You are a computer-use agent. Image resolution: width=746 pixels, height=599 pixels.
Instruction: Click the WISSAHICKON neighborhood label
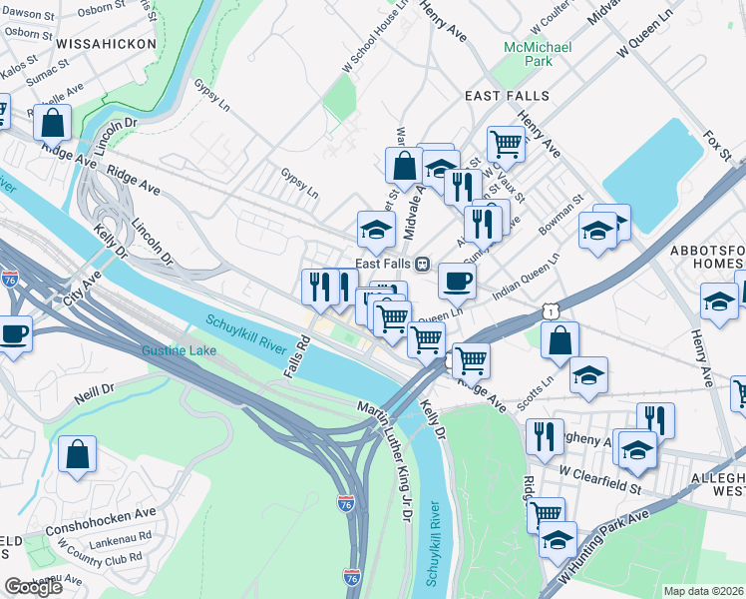pyautogui.click(x=107, y=44)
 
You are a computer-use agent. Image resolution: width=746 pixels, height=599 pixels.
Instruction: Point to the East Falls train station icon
pyautogui.click(x=423, y=264)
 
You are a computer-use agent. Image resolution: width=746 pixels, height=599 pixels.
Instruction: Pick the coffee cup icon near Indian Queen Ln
pyautogui.click(x=457, y=281)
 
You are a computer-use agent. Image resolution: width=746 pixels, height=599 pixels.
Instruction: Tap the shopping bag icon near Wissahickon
pyautogui.click(x=54, y=124)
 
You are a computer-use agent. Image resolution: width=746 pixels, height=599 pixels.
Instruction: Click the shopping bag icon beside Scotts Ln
pyautogui.click(x=560, y=339)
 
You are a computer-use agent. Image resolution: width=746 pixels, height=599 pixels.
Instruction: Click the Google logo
pyautogui.click(x=33, y=587)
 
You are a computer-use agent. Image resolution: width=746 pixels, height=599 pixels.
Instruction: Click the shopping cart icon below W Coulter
pyautogui.click(x=507, y=144)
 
